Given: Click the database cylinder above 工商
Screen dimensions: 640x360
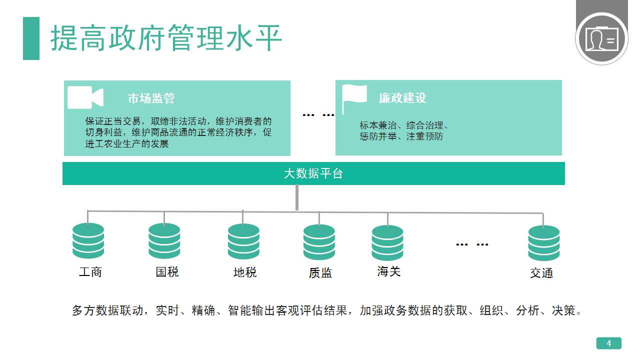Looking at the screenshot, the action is coord(88,241).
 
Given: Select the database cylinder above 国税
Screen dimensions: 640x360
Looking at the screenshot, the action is coord(164,241).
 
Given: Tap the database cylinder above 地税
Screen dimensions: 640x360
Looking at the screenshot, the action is coord(243,241).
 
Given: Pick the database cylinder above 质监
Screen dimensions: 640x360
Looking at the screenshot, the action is coord(319,242).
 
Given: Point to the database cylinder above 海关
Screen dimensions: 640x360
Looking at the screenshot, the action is coord(387,243).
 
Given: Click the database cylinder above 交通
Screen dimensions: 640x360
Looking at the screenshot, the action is coord(544,243).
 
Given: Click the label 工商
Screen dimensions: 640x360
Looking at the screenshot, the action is coord(90,272).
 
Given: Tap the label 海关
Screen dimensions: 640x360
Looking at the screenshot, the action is coord(389,271).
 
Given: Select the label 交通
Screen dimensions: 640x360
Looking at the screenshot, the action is coord(541,273).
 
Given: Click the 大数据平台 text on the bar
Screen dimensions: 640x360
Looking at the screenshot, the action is coord(313,173).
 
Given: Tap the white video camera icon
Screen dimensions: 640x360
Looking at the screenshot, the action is coord(85,97).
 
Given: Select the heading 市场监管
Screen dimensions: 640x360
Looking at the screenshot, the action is coord(151,98).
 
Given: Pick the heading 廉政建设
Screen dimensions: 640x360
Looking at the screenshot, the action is coord(402,98).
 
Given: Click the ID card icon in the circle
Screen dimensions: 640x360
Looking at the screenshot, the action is coord(601,39).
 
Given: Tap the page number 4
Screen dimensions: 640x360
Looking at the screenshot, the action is coord(609,343).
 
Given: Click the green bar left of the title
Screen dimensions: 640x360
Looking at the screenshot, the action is coord(31,38).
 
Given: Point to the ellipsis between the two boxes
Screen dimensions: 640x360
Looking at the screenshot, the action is coord(318,115).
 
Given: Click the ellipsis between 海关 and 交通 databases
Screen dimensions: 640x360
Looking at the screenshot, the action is coord(472,244).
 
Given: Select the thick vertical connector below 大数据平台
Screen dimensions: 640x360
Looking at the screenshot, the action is coord(297,197).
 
